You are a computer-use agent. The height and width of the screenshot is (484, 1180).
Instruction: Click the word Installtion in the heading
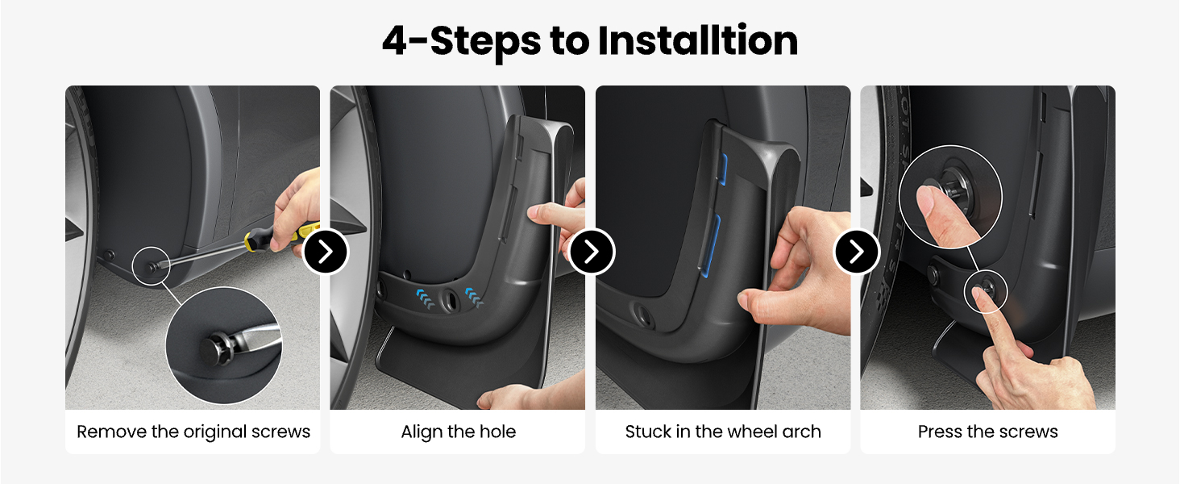pyautogui.click(x=698, y=41)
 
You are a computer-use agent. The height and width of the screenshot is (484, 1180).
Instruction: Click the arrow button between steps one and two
pyautogui.click(x=326, y=252)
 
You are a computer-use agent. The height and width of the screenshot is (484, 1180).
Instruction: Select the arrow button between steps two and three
pyautogui.click(x=592, y=252)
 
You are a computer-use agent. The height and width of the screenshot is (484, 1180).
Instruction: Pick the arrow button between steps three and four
pyautogui.click(x=857, y=252)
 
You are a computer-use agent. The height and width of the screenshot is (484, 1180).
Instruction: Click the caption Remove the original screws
pyautogui.click(x=193, y=432)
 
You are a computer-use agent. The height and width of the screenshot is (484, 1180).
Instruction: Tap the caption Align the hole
pyautogui.click(x=459, y=432)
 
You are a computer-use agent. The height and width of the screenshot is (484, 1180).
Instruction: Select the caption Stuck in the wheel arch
pyautogui.click(x=723, y=432)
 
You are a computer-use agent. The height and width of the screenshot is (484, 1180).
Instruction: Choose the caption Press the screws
pyautogui.click(x=987, y=432)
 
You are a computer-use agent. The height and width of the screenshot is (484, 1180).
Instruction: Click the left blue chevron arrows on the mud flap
pyautogui.click(x=425, y=298)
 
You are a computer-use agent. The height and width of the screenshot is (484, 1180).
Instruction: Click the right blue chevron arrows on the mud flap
pyautogui.click(x=474, y=297)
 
